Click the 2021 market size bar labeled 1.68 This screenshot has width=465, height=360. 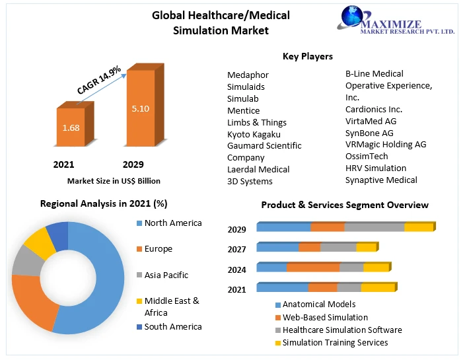[x=71, y=128]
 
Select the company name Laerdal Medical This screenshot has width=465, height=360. [x=258, y=169]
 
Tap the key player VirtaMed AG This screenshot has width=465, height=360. [x=371, y=121]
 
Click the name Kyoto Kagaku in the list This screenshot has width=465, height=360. [x=254, y=134]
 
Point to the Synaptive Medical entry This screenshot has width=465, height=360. [x=381, y=180]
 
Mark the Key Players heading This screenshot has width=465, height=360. [x=307, y=57]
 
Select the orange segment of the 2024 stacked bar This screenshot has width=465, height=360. [x=312, y=268]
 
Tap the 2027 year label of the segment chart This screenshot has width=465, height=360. [x=237, y=249]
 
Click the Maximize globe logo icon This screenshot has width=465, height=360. [x=357, y=20]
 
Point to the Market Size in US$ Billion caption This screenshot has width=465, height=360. [x=114, y=180]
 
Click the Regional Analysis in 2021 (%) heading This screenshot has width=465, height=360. [x=104, y=203]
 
